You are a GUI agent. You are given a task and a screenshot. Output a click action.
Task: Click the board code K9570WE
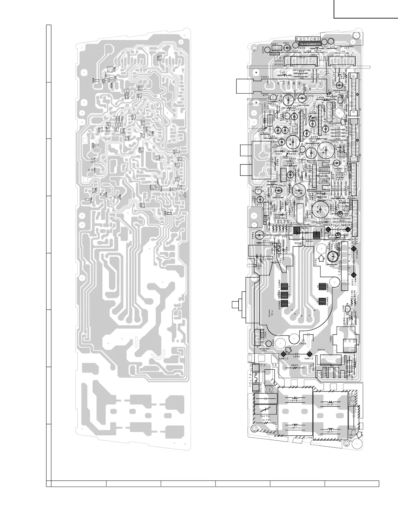coord(307,39)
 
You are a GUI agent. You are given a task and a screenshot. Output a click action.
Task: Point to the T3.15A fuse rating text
coord(268,365)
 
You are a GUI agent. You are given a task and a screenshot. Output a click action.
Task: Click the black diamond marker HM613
coord(283,354)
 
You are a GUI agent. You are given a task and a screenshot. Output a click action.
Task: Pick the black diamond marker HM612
coord(309,354)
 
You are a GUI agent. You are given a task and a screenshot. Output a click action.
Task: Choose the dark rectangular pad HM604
coord(322,300)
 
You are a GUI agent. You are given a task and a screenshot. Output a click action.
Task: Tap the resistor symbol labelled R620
coord(295,369)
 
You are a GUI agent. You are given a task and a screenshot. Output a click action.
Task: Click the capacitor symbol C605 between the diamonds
coord(297,354)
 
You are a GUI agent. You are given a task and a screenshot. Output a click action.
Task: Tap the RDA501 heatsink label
coord(325,170)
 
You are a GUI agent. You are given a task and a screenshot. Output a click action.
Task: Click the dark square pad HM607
coord(296,231)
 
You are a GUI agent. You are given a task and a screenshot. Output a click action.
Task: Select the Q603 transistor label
coord(259,188)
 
